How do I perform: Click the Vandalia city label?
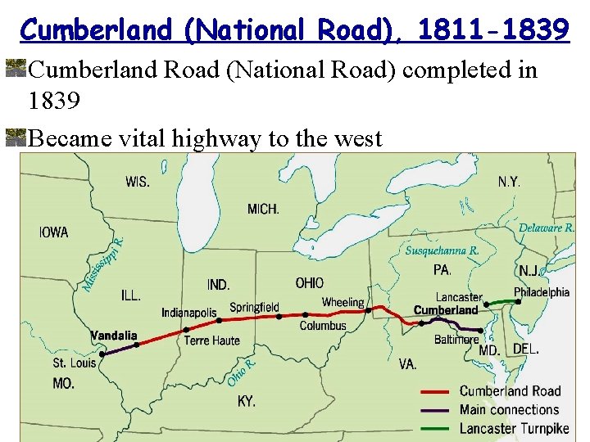coord(114,335)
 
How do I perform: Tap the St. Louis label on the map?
coord(74,363)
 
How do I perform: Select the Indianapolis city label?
coord(189,313)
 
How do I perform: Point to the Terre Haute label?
coord(212,341)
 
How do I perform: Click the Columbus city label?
coord(323,326)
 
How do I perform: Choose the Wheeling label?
coord(343,303)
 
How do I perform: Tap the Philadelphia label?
coord(542,292)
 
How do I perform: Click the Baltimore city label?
coord(456,339)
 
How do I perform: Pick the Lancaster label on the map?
coord(459,297)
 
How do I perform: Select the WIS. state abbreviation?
coord(138,181)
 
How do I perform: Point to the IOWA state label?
coord(54,232)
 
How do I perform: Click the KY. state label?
coord(247,401)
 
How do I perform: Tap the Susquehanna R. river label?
coord(442,250)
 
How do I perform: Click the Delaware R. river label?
coord(547,228)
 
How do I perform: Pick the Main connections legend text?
coord(509,409)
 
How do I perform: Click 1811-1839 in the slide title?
coord(492,30)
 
